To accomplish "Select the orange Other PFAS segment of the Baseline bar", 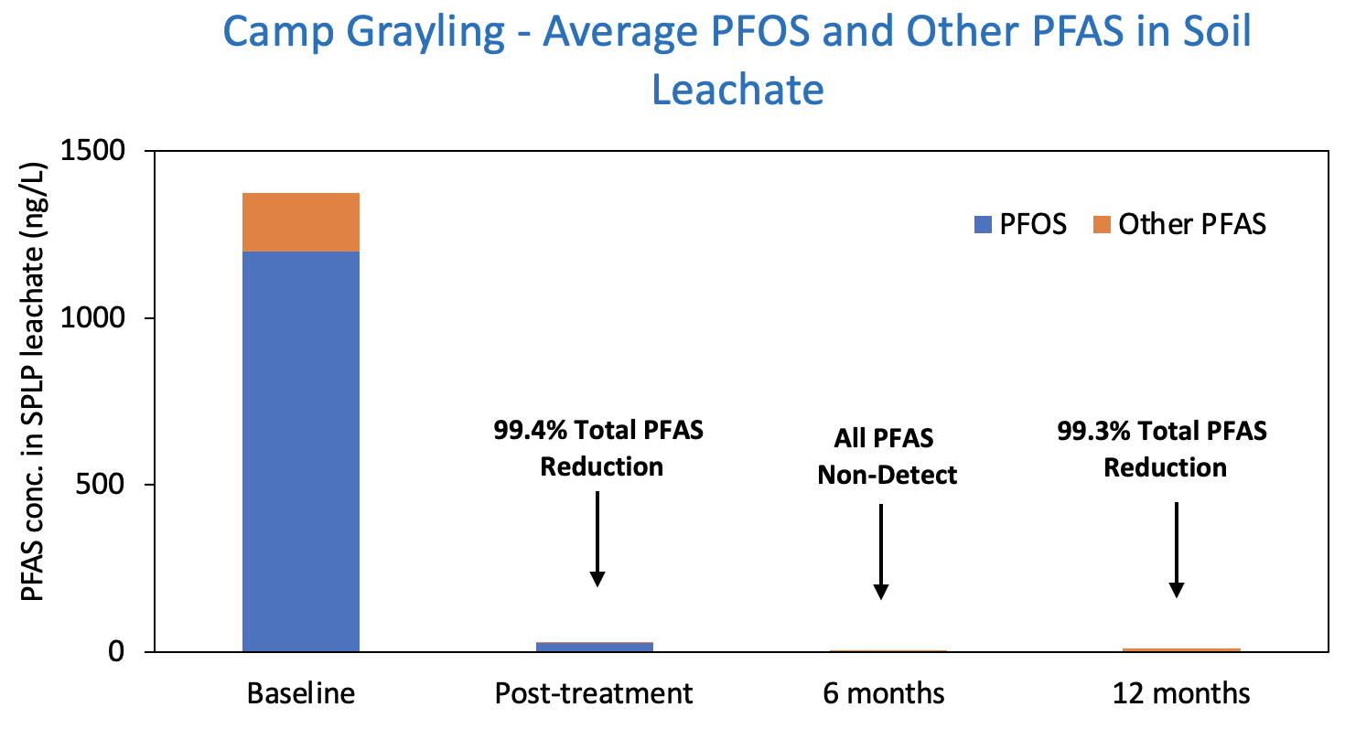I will (x=300, y=222).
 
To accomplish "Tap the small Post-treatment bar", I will (x=594, y=647).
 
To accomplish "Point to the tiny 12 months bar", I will (x=1181, y=649).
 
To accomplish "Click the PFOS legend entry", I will (x=1020, y=224).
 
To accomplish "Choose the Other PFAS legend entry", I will (x=1180, y=224).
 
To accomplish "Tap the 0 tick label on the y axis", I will (x=115, y=652).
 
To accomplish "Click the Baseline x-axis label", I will (x=301, y=693).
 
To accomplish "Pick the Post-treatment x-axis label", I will (x=594, y=693).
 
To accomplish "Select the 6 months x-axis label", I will (x=884, y=693).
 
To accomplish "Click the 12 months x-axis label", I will (x=1181, y=693).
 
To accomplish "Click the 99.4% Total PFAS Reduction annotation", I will (x=599, y=448).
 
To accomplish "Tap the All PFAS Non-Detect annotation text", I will (x=886, y=456).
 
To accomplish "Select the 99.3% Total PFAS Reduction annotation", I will (x=1163, y=449).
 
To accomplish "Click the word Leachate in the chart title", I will (x=737, y=90).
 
